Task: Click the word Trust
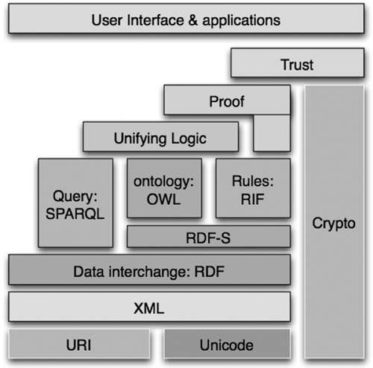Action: (297, 65)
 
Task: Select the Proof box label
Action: (227, 101)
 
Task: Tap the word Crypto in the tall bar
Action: (333, 223)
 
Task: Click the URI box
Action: (79, 344)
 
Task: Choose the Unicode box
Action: (227, 344)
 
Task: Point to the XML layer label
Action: (149, 308)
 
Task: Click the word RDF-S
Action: (208, 238)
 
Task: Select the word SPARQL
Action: (75, 214)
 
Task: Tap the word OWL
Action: (163, 200)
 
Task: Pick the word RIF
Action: (252, 200)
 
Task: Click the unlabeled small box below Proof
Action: (272, 133)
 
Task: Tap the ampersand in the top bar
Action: (193, 20)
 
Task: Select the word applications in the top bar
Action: (241, 21)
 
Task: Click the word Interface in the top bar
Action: (155, 20)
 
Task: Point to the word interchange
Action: (148, 272)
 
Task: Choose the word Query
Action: (75, 197)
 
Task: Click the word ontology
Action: (163, 182)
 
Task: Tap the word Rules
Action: (253, 181)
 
